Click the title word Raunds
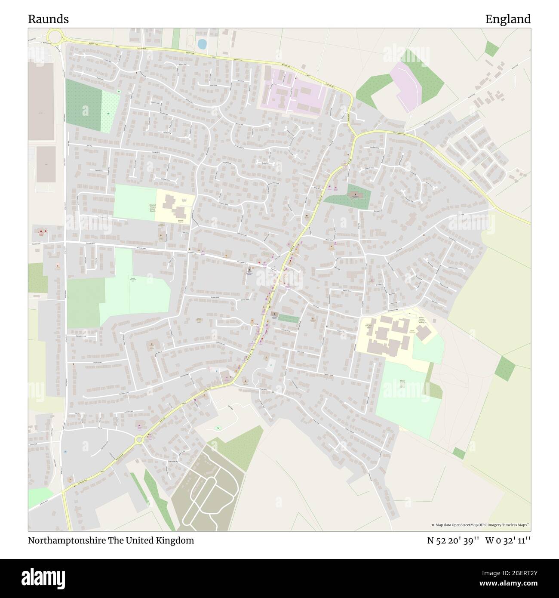point(48,19)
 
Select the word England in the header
point(508,19)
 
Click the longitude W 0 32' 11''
point(508,540)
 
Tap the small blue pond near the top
point(202,43)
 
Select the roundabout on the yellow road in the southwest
point(139,440)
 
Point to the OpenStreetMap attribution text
point(481,525)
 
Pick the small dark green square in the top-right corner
point(491,49)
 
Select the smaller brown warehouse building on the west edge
point(46,164)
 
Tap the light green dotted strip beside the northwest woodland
point(111,112)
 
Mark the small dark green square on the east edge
point(505,369)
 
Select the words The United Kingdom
point(157,540)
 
